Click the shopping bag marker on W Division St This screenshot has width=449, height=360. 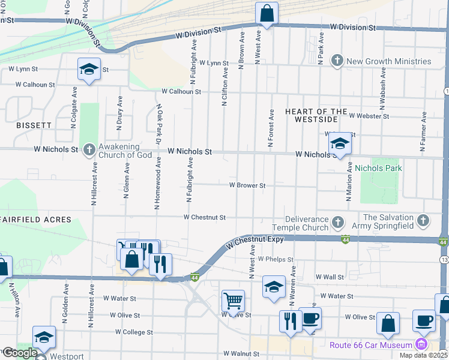(266, 13)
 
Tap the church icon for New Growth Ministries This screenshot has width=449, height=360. (337, 61)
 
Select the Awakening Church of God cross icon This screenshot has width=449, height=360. (89, 149)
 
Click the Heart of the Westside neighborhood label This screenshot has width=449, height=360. (316, 115)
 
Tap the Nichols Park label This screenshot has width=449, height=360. (378, 169)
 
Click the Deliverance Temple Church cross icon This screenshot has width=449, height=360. (337, 223)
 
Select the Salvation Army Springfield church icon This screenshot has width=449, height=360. (423, 221)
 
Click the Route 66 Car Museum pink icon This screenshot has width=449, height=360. (421, 344)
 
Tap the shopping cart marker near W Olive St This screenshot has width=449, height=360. (233, 299)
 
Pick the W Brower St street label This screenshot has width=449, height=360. (247, 186)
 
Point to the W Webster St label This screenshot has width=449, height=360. (369, 116)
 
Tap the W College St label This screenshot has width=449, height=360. (134, 332)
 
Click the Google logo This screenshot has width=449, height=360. (19, 353)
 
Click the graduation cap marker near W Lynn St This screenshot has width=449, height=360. (89, 70)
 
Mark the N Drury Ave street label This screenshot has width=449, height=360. (119, 112)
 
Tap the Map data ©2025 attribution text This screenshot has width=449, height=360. (423, 355)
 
